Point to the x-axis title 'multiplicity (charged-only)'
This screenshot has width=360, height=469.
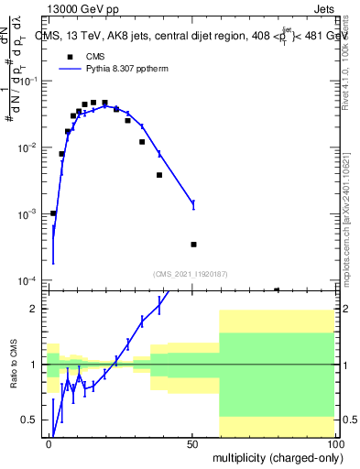pos(276,456)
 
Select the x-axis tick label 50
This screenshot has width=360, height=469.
pos(192,443)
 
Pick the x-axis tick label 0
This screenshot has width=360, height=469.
pos(49,443)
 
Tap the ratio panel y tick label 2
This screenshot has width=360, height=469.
pos(37,309)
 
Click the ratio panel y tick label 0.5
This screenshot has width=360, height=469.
pos(32,420)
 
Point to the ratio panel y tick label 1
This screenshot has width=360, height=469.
pos(37,365)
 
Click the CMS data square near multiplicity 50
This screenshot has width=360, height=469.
pos(193,245)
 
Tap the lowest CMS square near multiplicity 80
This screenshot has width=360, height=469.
pos(277,289)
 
